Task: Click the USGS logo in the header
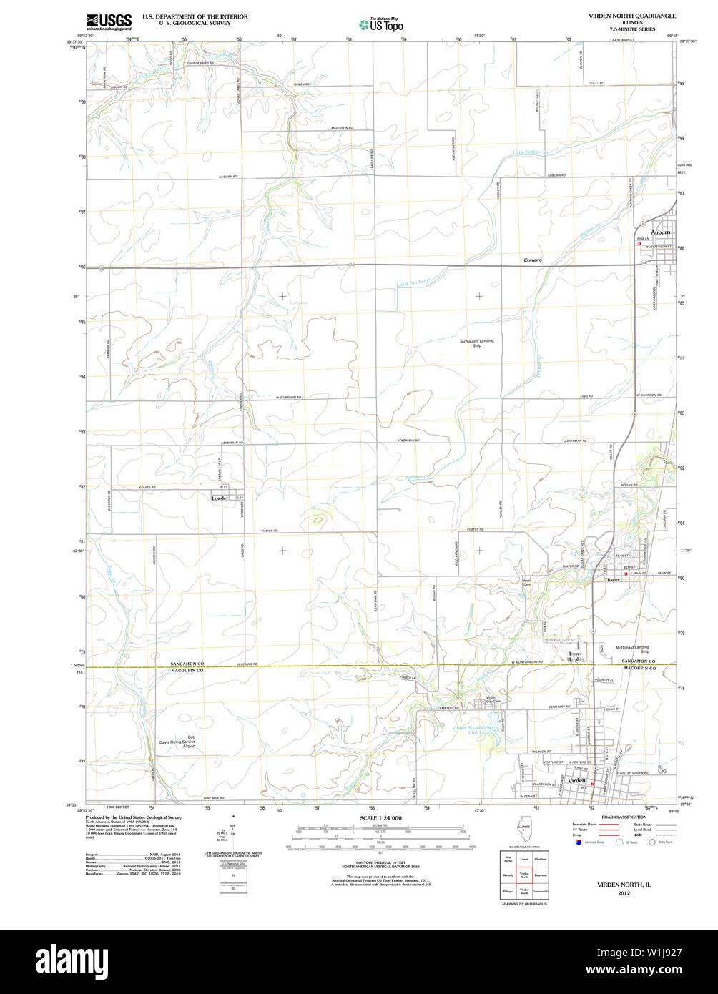(x=109, y=21)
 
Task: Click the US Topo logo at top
(x=382, y=24)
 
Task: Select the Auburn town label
(x=660, y=232)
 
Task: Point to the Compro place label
(x=533, y=260)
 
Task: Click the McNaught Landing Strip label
(x=477, y=343)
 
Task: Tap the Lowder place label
(x=220, y=498)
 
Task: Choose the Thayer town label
(x=612, y=580)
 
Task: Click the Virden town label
(x=576, y=780)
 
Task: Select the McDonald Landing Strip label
(x=632, y=649)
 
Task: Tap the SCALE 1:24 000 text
(x=381, y=817)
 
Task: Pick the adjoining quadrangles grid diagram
(x=524, y=874)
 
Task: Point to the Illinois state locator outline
(x=523, y=833)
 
